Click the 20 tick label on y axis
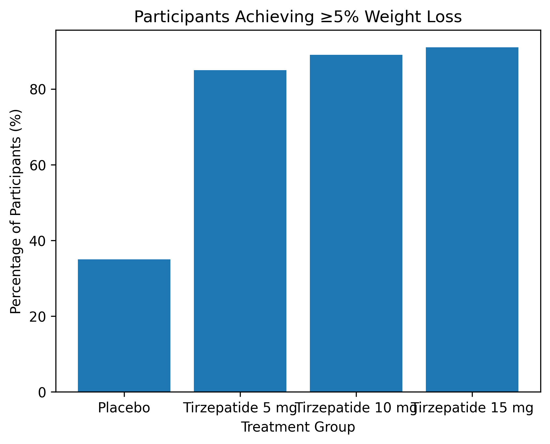[38, 316]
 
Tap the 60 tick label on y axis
[38, 165]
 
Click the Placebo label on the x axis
[124, 408]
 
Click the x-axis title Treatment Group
[298, 427]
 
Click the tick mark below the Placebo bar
[124, 394]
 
